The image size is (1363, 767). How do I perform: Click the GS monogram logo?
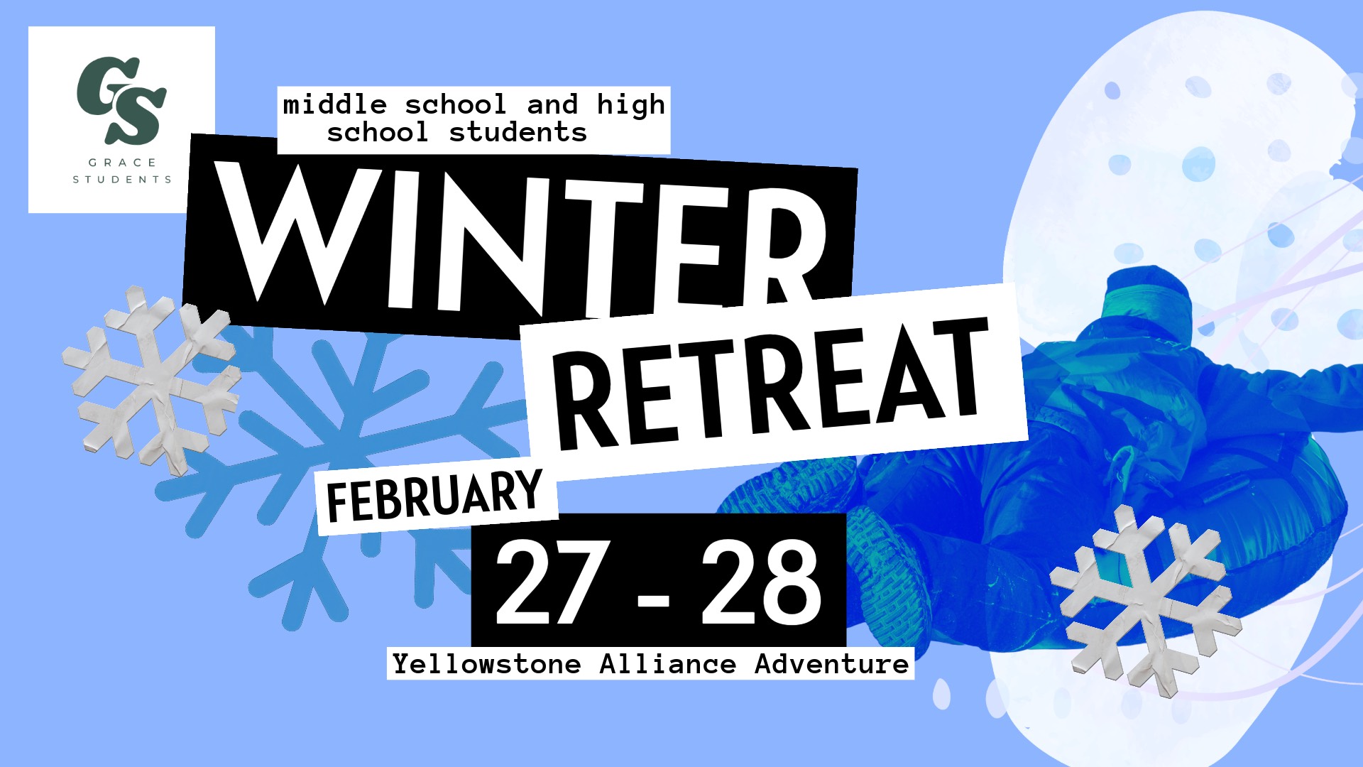(121, 99)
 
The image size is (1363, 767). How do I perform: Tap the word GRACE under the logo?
(122, 163)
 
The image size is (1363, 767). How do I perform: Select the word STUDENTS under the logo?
(122, 180)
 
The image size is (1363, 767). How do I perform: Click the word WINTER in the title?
(522, 241)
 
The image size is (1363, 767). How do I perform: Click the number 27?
(554, 582)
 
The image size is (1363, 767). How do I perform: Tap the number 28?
(761, 582)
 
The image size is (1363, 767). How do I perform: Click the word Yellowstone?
(487, 665)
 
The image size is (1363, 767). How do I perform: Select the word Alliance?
(668, 665)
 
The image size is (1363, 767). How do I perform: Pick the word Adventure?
(831, 665)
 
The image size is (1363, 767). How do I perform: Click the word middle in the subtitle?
(335, 105)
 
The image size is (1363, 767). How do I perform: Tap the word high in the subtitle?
(631, 105)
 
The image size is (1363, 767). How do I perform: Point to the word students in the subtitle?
(518, 133)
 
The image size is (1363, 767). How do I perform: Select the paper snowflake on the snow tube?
(1144, 600)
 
